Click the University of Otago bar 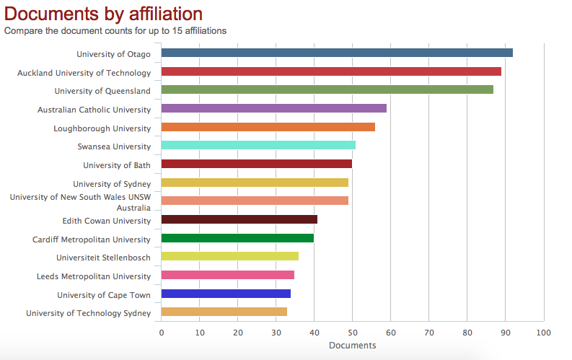[337, 53]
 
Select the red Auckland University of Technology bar [331, 71]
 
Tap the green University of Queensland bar [327, 90]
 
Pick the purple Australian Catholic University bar [274, 108]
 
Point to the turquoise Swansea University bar [258, 145]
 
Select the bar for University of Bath [257, 164]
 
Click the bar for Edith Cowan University [239, 219]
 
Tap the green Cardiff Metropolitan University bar [237, 238]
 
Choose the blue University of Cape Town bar [226, 294]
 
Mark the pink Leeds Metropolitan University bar [228, 275]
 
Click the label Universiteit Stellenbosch [103, 258]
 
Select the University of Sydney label [112, 184]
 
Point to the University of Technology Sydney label [88, 313]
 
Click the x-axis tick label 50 [352, 333]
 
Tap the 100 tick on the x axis [543, 333]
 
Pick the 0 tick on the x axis [162, 333]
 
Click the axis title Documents [352, 346]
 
